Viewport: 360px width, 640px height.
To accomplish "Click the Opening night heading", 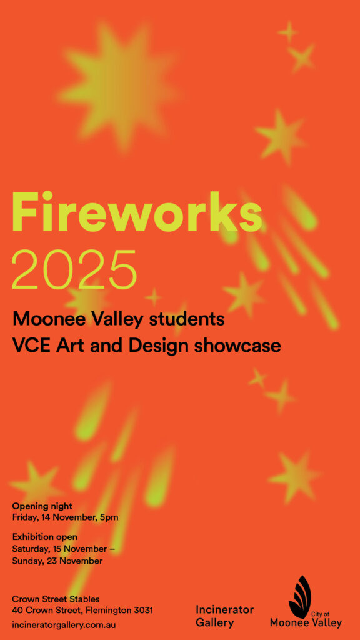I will pyautogui.click(x=42, y=506).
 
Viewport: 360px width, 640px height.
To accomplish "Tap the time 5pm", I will pyautogui.click(x=109, y=517).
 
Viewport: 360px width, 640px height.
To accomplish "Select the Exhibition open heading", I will pyautogui.click(x=45, y=537).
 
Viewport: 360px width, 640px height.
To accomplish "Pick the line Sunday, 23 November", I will pyautogui.click(x=57, y=561).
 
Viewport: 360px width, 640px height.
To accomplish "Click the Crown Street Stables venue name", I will pyautogui.click(x=56, y=599).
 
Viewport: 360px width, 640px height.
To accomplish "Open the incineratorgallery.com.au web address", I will pyautogui.click(x=64, y=624).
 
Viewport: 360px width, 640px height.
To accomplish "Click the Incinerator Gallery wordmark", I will pyautogui.click(x=224, y=616).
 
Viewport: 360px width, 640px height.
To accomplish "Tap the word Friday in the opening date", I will pyautogui.click(x=26, y=517).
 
